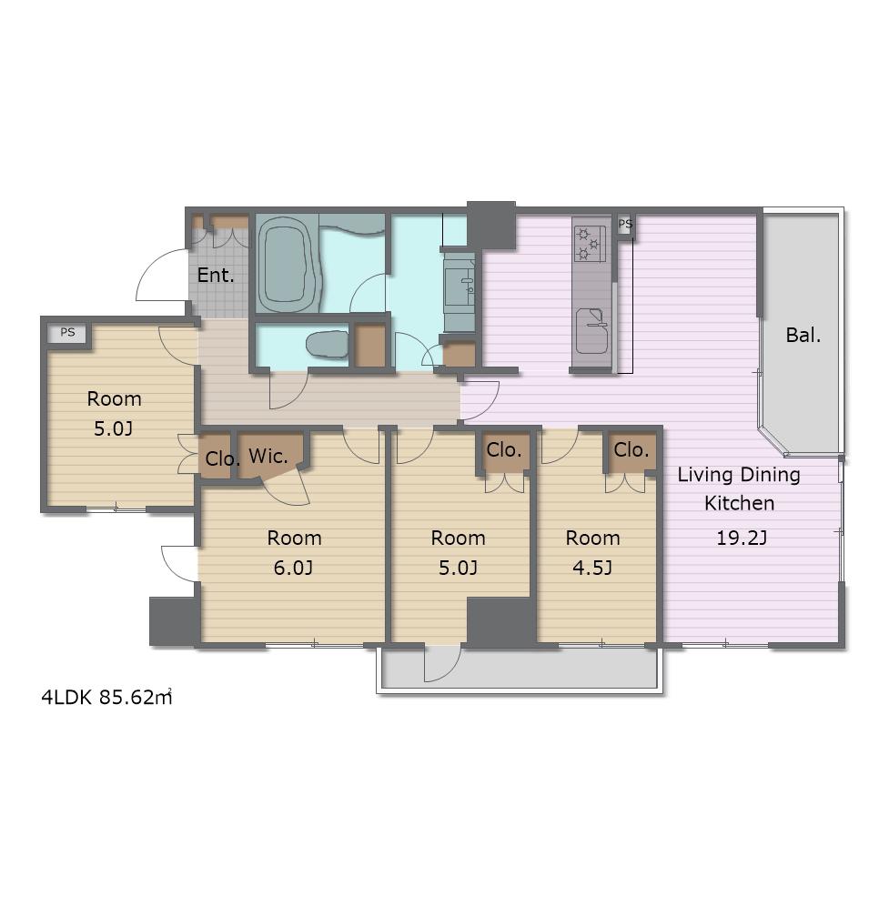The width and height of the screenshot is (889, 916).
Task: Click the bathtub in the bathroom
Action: (x=288, y=266)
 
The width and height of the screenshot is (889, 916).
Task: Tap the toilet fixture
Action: (x=328, y=345)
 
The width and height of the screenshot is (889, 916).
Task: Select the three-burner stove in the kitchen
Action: (x=589, y=244)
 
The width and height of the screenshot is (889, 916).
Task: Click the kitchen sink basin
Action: (x=591, y=330)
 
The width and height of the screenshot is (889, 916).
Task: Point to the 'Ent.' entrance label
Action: (x=216, y=275)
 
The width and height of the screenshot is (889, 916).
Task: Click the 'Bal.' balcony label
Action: (x=803, y=336)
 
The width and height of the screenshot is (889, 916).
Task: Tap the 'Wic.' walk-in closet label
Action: (x=268, y=456)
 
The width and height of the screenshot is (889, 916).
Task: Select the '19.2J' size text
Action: (x=741, y=538)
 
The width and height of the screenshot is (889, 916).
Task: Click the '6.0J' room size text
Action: (x=293, y=568)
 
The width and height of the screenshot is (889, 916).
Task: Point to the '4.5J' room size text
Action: (x=592, y=568)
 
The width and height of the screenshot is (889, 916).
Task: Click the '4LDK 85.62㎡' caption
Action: (x=106, y=697)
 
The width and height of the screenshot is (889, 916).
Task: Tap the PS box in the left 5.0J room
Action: (x=68, y=332)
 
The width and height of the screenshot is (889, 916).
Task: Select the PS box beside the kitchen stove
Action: (x=625, y=224)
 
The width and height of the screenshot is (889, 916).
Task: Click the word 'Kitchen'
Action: (x=740, y=503)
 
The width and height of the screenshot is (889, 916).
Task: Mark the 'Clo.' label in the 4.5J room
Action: (x=631, y=450)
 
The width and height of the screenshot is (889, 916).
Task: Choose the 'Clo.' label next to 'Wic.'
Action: (x=223, y=458)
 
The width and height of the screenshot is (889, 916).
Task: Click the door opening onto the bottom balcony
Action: (x=442, y=664)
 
